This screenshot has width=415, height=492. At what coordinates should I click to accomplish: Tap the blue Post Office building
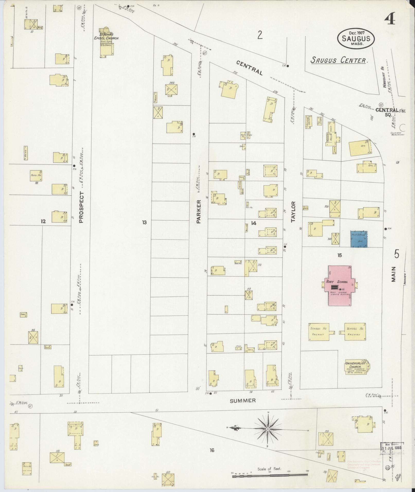click(x=359, y=239)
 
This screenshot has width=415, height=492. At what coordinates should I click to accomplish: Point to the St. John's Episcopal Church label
click(x=107, y=36)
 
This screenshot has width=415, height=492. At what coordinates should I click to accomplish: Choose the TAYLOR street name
click(x=293, y=212)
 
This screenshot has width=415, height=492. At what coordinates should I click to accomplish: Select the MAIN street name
click(x=393, y=274)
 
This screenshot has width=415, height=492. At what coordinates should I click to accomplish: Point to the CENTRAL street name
click(x=250, y=68)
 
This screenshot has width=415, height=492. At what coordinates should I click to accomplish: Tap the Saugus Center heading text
click(x=338, y=60)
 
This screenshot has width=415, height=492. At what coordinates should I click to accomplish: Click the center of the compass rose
click(x=268, y=429)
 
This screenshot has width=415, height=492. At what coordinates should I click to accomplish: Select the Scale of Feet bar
click(x=270, y=476)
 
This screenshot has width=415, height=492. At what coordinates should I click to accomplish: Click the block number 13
click(x=144, y=222)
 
